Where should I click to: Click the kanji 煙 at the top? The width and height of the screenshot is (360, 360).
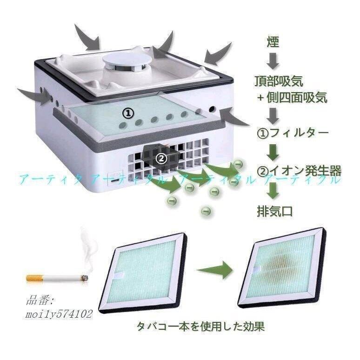pyautogui.click(x=273, y=42)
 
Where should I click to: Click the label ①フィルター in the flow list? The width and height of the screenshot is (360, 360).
pyautogui.click(x=293, y=133)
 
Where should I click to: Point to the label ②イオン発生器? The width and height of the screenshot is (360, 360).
pyautogui.click(x=299, y=171)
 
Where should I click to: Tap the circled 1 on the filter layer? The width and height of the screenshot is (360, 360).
pyautogui.click(x=127, y=113)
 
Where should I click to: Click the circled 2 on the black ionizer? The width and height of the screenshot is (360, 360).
pyautogui.click(x=161, y=158)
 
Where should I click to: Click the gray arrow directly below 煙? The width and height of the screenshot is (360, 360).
pyautogui.click(x=273, y=61)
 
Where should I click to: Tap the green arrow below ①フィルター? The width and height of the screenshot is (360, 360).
pyautogui.click(x=273, y=152)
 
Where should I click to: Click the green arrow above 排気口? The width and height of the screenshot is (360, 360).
pyautogui.click(x=273, y=190)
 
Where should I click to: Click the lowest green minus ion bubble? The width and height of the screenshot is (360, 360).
pyautogui.click(x=206, y=211)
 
